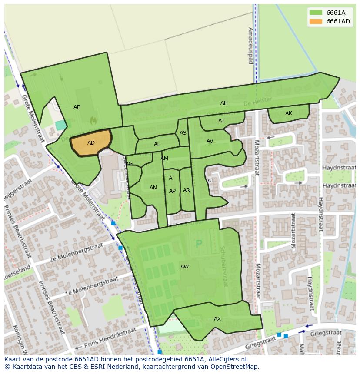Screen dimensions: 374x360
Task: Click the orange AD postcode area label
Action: coord(91,143)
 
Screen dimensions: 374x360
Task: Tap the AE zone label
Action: coord(77,107)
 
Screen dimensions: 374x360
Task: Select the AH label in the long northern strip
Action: coord(224,103)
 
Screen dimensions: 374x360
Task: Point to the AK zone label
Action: coord(289,113)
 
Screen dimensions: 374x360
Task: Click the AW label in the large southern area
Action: coord(185,267)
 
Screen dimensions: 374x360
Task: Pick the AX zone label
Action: coord(217,319)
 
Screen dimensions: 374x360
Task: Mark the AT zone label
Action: coord(210,181)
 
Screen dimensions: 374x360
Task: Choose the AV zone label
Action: coord(210,141)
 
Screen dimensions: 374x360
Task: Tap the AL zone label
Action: coord(157,144)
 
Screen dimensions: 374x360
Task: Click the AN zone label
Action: coord(153,188)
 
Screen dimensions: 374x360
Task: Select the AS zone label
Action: coord(183,133)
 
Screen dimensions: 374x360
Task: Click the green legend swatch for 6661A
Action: coord(316,13)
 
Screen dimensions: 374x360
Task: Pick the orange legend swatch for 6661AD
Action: coord(316,22)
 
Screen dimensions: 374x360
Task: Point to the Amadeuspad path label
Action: coord(250,46)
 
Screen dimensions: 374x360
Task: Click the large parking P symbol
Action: coord(199,244)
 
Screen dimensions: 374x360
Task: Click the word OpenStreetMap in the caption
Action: coord(233,367)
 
